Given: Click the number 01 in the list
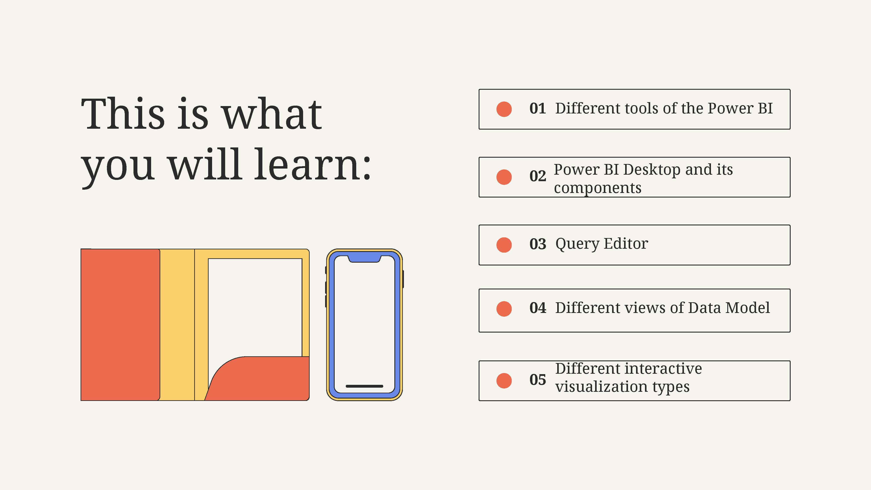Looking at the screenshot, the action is [538, 108].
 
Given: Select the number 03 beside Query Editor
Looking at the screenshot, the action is [538, 244].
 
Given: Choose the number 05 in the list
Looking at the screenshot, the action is [538, 380].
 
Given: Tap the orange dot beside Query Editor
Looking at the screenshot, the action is [504, 245].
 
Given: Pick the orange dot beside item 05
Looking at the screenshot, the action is [504, 381].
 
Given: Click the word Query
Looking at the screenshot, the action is [577, 244].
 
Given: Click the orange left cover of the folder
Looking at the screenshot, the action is [120, 325].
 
